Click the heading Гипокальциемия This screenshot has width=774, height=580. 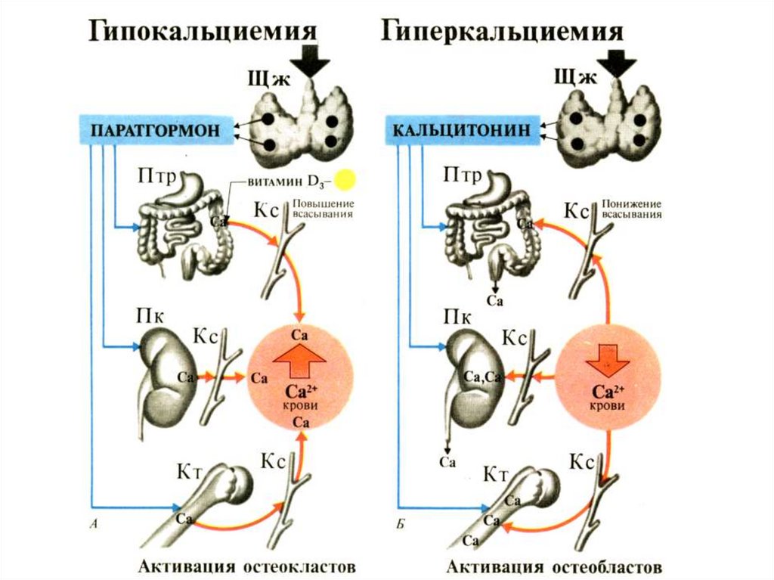(203, 32)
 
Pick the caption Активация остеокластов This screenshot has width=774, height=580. (246, 566)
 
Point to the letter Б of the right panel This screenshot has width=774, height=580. (401, 523)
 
